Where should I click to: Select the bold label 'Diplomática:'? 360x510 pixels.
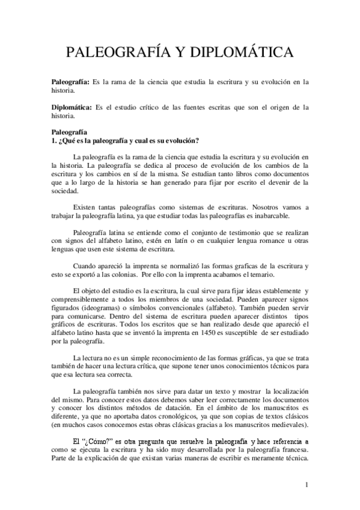pyautogui.click(x=71, y=108)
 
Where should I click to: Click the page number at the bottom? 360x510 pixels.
pyautogui.click(x=307, y=485)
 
